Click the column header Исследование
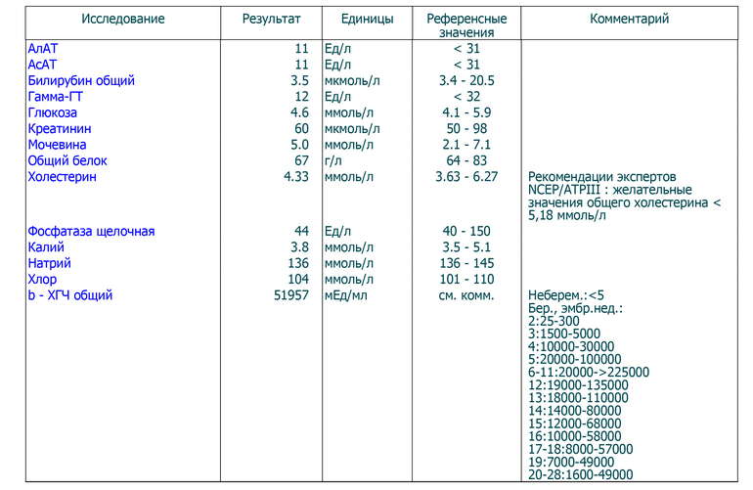[123, 20]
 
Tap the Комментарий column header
[630, 20]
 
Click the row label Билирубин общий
[81, 81]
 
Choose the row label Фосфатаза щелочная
[91, 232]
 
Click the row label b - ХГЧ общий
[70, 294]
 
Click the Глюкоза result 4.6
[300, 113]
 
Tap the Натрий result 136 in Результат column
[298, 263]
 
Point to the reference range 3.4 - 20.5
[465, 81]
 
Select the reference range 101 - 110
[465, 279]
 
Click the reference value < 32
[465, 97]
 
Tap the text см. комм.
[465, 294]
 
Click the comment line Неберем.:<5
[566, 294]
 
